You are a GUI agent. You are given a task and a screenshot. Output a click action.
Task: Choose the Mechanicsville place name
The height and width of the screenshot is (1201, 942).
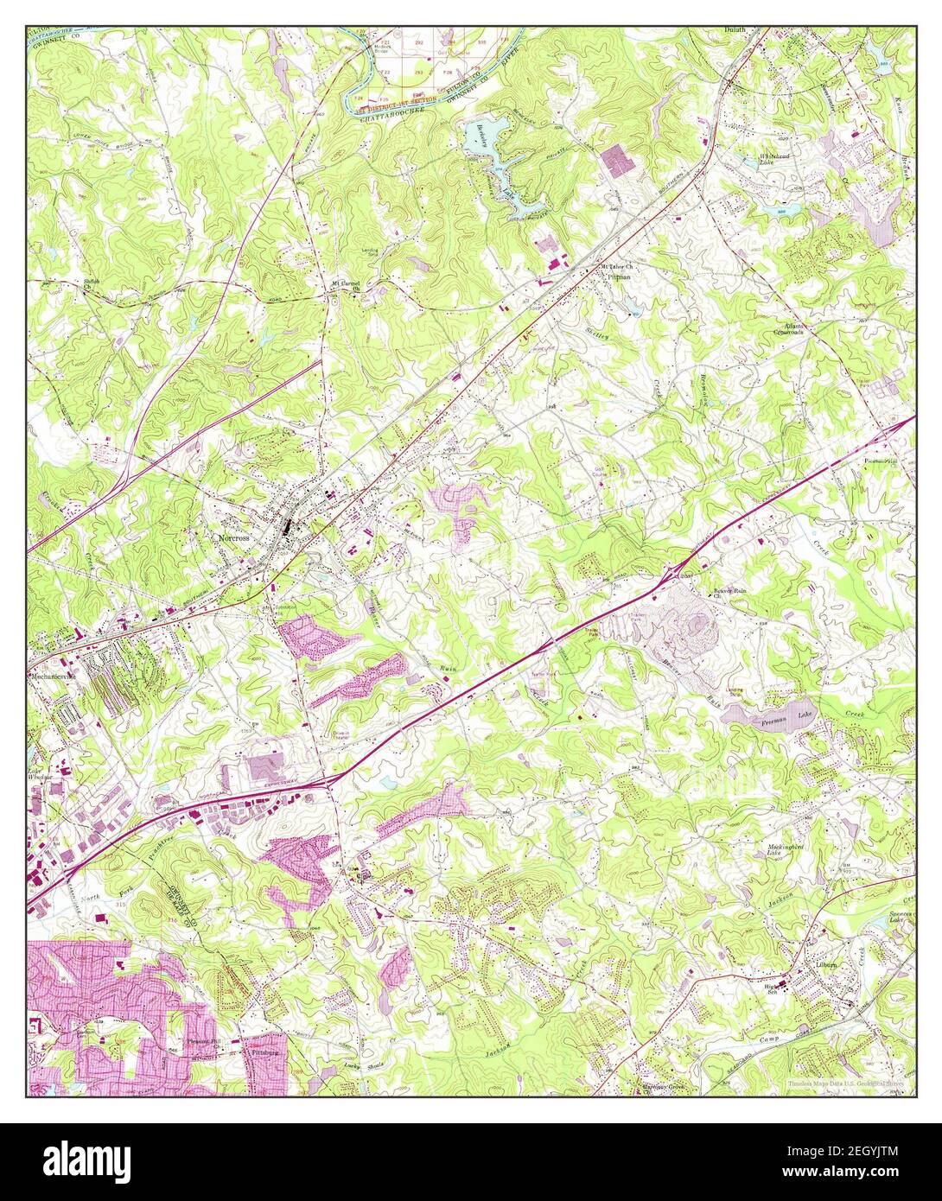pyautogui.click(x=54, y=676)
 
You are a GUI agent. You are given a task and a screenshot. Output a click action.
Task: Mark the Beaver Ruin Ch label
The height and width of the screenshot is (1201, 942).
pyautogui.click(x=729, y=593)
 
